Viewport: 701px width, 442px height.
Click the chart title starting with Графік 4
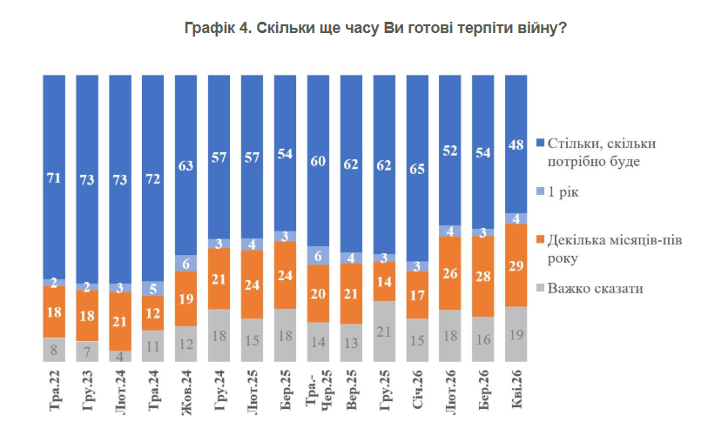376,28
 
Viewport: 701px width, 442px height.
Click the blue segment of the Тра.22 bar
54,178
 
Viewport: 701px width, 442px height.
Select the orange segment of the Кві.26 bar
516,265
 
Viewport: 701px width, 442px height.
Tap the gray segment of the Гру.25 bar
384,331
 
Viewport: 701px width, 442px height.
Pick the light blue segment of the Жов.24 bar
186,262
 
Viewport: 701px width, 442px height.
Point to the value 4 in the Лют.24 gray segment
120,356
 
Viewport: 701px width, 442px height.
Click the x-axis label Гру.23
87,395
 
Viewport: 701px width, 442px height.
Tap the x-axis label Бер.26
483,395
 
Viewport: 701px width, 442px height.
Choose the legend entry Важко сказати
596,288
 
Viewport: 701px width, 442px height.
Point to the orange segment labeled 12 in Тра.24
153,312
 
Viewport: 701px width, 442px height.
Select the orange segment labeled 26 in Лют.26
450,273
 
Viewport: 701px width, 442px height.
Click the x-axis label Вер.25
351,395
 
